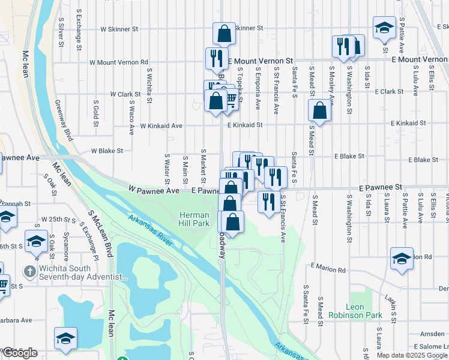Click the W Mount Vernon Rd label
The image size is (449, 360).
[119, 62]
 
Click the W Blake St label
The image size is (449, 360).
[107, 151]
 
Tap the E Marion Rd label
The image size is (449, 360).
[328, 269]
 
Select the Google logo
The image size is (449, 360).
[19, 353]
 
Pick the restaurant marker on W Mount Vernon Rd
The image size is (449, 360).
[216, 58]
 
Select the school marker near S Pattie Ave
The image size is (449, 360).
[384, 28]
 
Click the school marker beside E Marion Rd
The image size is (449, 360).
[402, 258]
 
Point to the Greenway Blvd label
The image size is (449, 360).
[64, 120]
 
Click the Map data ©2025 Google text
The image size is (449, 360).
[412, 355]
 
